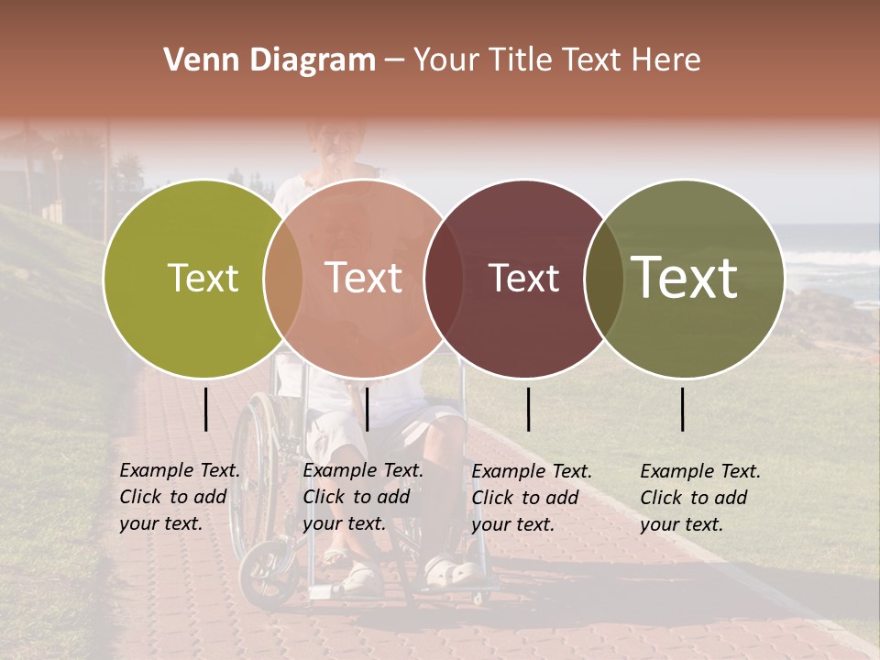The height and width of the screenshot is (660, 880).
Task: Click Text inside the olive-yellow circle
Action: (203, 278)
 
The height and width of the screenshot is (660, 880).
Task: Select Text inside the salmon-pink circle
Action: (363, 278)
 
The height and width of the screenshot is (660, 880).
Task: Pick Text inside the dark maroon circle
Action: (523, 278)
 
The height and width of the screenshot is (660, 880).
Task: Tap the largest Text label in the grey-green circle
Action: (684, 277)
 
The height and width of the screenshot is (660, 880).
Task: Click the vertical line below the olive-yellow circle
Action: (206, 409)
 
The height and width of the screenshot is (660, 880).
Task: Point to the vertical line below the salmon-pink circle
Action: (367, 409)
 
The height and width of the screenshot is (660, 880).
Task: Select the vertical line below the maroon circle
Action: (528, 409)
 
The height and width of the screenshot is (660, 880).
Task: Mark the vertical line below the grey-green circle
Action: (683, 409)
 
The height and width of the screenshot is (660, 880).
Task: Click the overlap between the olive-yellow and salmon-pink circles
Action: (283, 279)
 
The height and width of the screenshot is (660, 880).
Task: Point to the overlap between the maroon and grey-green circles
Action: (604, 279)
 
